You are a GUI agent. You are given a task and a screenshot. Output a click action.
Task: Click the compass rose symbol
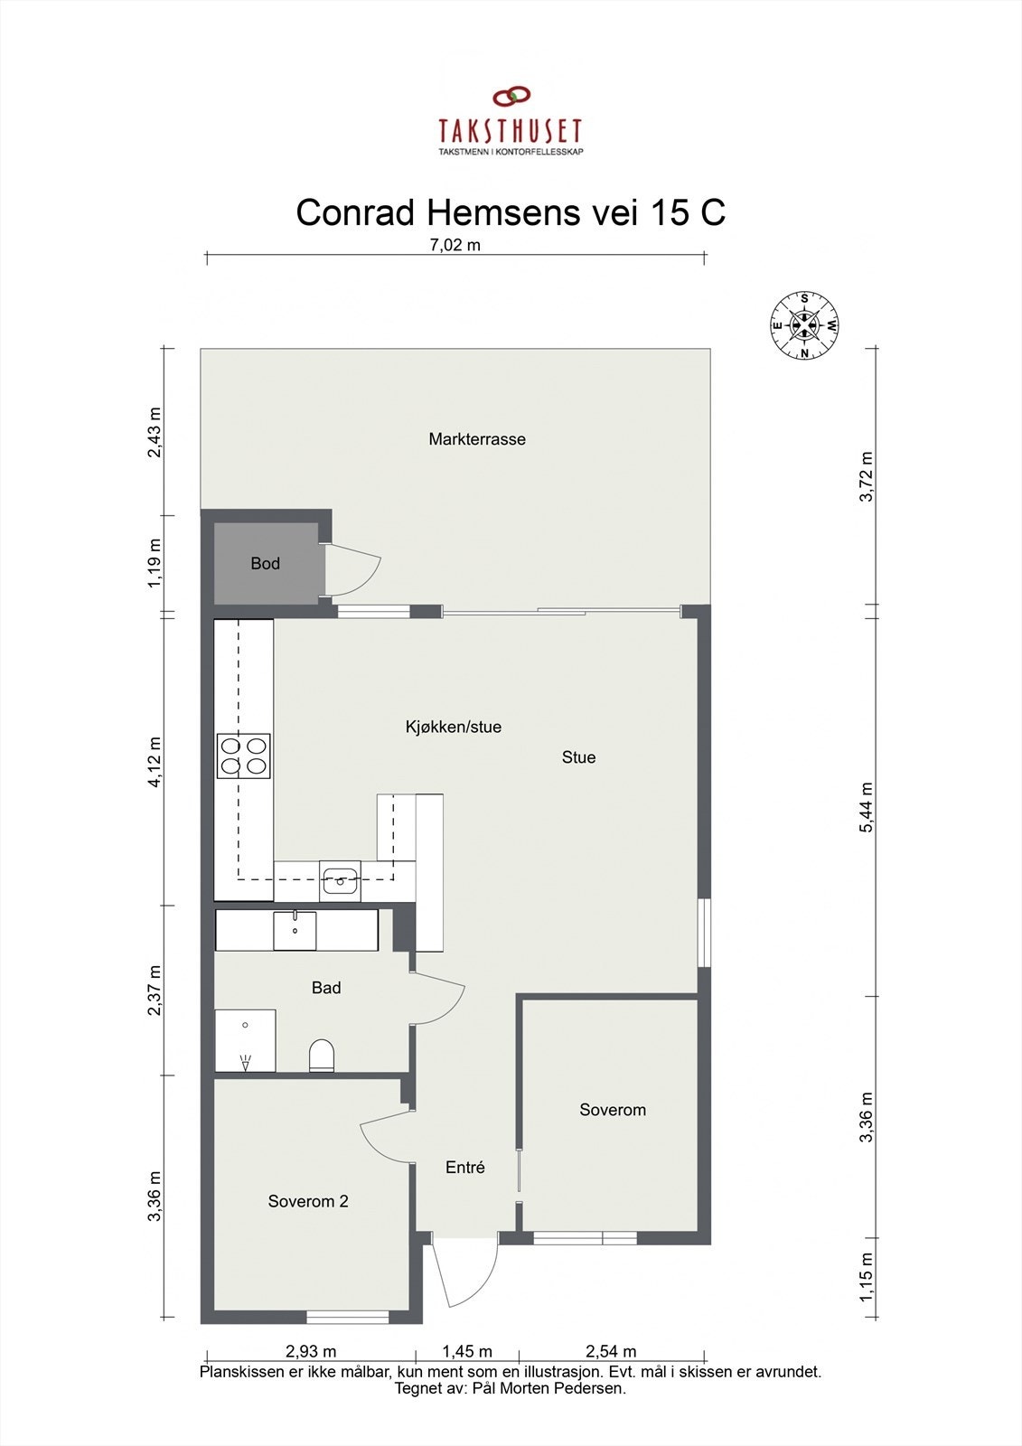pyautogui.click(x=803, y=324)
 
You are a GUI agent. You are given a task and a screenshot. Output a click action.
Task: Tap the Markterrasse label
pyautogui.click(x=477, y=439)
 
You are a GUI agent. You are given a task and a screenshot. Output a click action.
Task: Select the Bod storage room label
pyautogui.click(x=265, y=563)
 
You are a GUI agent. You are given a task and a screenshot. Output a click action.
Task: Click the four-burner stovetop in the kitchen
pyautogui.click(x=243, y=756)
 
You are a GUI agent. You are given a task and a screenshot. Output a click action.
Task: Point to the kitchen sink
pyautogui.click(x=340, y=880)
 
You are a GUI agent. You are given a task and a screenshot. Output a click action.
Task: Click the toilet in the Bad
pyautogui.click(x=322, y=1055)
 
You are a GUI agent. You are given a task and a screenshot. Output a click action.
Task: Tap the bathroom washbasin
pyautogui.click(x=295, y=930)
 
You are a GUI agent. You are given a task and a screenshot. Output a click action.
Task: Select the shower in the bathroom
pyautogui.click(x=244, y=1040)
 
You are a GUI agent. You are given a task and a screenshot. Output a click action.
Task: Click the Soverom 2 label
pyautogui.click(x=308, y=1201)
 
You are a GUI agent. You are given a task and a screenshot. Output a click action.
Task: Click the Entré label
pyautogui.click(x=465, y=1167)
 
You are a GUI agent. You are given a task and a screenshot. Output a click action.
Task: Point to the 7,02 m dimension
pyautogui.click(x=455, y=244)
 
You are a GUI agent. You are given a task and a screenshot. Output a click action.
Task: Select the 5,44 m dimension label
pyautogui.click(x=867, y=806)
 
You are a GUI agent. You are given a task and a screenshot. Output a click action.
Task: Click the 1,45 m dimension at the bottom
pyautogui.click(x=467, y=1351)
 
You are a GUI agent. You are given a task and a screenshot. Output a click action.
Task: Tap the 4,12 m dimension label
pyautogui.click(x=155, y=762)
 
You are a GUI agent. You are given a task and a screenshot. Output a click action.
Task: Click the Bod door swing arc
pyautogui.click(x=357, y=570)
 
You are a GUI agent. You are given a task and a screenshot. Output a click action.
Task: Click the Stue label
pyautogui.click(x=578, y=757)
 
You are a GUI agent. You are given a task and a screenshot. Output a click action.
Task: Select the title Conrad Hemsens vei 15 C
pyautogui.click(x=511, y=213)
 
